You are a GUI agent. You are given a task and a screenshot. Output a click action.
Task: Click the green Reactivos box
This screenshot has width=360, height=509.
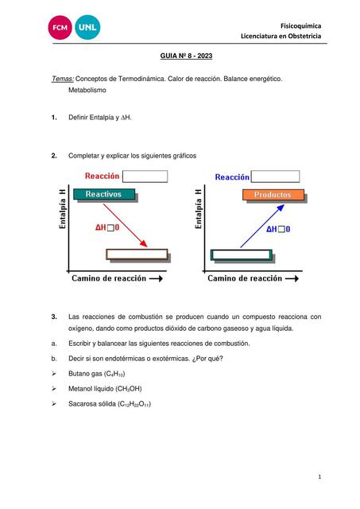pyautogui.click(x=103, y=194)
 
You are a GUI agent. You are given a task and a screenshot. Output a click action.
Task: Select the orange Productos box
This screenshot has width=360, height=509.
pyautogui.click(x=272, y=194)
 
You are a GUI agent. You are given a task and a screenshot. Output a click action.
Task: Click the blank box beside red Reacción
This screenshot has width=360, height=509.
pyautogui.click(x=145, y=177)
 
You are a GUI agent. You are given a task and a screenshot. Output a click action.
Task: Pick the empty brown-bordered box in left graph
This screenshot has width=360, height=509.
pyautogui.click(x=137, y=254)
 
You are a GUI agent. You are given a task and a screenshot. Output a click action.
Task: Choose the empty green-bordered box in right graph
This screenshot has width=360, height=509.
pyautogui.click(x=241, y=254)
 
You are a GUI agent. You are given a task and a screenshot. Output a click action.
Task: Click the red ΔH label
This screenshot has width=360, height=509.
pyautogui.click(x=106, y=227)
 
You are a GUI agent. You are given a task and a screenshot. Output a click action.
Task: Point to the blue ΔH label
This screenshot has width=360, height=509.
pyautogui.click(x=277, y=229)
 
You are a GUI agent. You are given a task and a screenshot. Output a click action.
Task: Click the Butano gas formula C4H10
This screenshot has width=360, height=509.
pyautogui.click(x=115, y=374)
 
